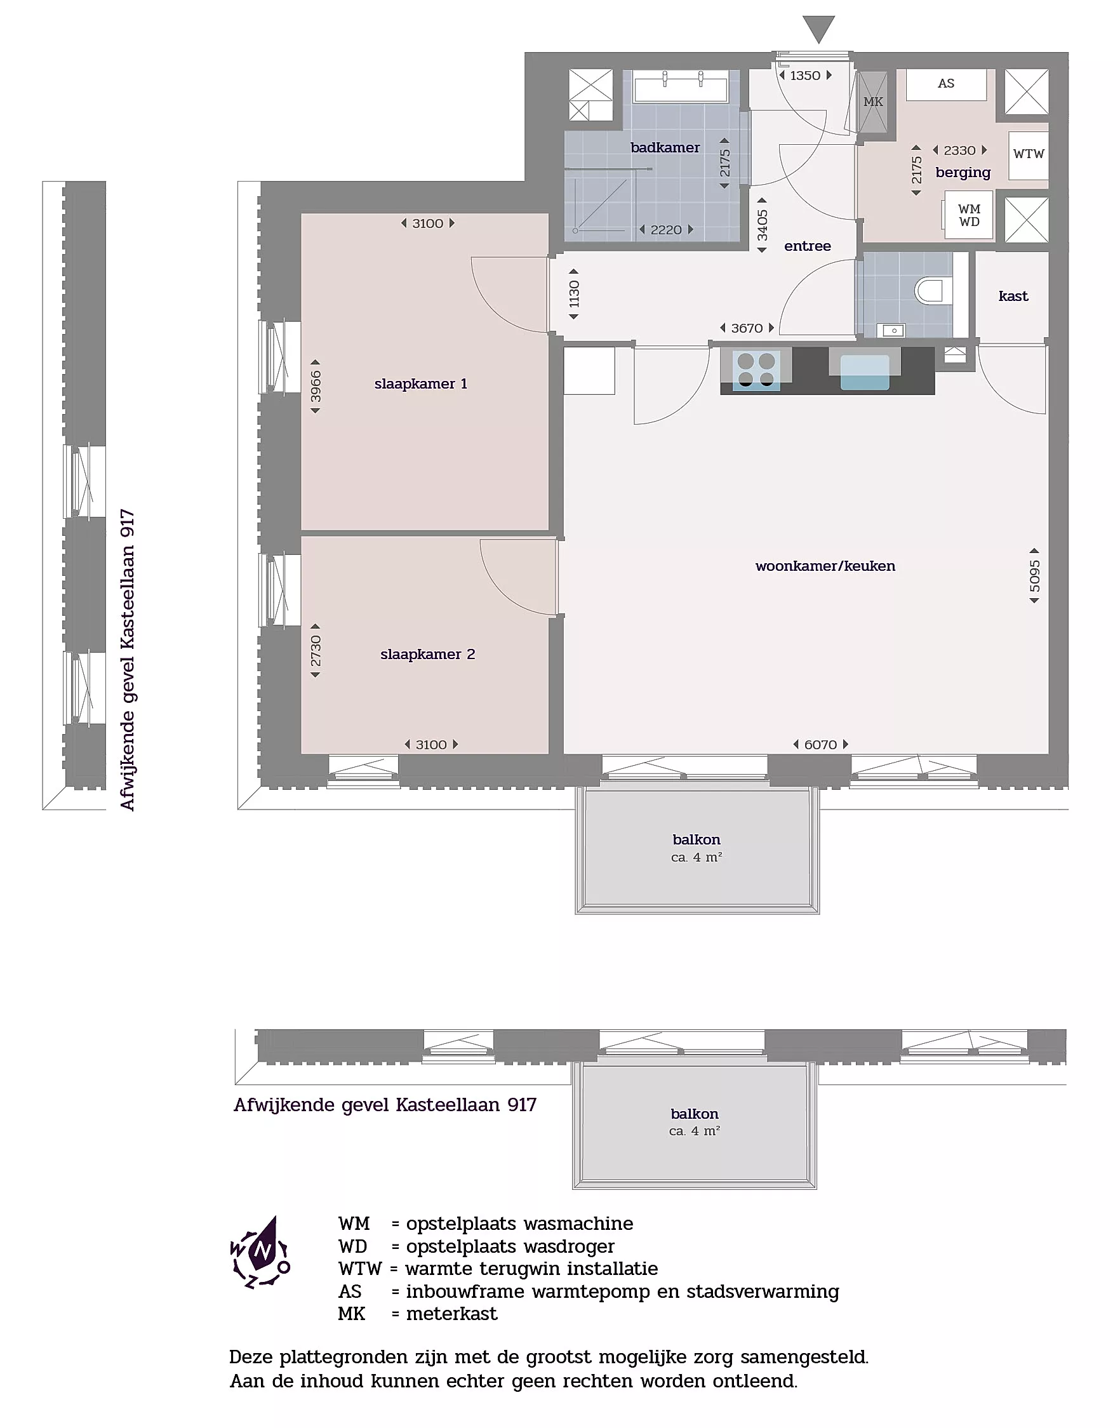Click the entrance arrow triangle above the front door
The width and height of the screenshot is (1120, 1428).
click(x=818, y=29)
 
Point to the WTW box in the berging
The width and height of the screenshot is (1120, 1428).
click(x=1028, y=155)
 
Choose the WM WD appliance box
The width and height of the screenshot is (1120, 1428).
click(x=968, y=215)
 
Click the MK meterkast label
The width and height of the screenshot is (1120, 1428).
click(x=873, y=102)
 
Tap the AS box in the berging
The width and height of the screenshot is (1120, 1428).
click(x=945, y=84)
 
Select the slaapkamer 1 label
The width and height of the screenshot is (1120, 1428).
click(x=421, y=384)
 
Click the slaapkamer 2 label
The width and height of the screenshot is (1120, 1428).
click(x=427, y=654)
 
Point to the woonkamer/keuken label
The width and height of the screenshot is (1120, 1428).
click(x=825, y=566)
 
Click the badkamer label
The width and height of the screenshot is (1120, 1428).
click(x=665, y=147)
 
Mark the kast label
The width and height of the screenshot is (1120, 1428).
click(x=1013, y=296)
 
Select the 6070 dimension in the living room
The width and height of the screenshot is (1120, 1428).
click(x=820, y=744)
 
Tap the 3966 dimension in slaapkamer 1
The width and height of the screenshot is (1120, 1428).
click(x=316, y=386)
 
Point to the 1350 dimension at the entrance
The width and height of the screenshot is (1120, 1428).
click(x=805, y=76)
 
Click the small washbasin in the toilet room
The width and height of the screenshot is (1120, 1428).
click(x=894, y=330)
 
